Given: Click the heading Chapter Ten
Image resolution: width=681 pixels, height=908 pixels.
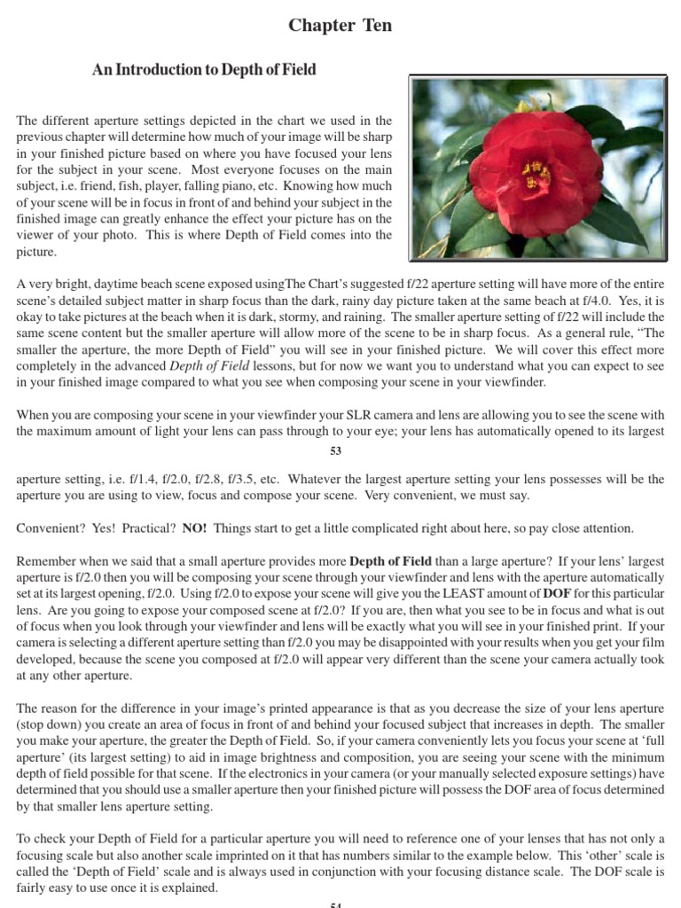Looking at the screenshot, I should click(x=340, y=26).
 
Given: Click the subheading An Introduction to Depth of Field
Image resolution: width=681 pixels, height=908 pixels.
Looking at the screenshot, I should click(x=204, y=69).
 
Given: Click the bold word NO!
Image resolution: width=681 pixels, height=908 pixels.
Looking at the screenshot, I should click(x=194, y=528).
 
